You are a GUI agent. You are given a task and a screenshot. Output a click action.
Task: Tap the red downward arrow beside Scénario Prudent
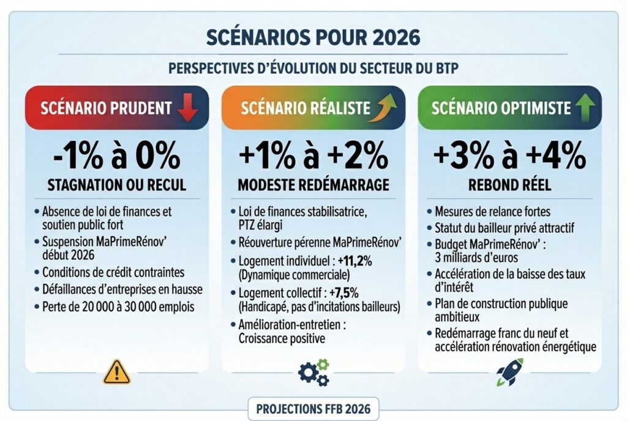187,108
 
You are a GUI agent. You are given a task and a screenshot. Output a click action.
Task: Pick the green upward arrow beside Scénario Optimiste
584,108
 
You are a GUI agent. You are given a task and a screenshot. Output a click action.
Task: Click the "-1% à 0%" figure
117,156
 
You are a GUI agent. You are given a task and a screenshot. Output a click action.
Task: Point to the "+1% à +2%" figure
313,156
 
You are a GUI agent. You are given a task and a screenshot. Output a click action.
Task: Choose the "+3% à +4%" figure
509,156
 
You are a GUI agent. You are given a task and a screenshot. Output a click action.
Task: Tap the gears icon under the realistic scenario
313,371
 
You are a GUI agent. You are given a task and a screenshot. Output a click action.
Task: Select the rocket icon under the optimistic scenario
509,371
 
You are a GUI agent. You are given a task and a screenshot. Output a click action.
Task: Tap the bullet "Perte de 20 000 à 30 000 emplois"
118,306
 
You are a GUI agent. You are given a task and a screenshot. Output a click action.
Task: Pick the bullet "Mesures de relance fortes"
492,211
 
